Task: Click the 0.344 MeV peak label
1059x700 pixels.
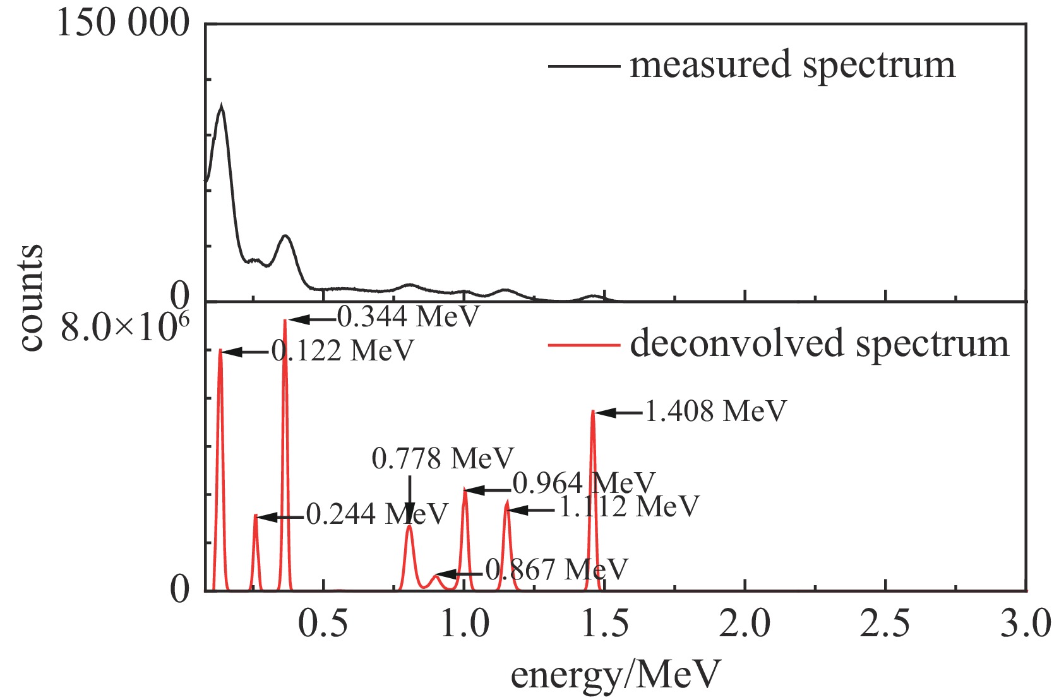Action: click(x=409, y=316)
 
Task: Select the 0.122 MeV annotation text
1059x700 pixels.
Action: click(x=343, y=351)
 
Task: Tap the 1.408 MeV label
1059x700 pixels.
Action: click(x=715, y=412)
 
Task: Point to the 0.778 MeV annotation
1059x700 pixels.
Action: click(x=443, y=459)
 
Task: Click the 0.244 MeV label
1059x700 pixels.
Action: click(x=377, y=514)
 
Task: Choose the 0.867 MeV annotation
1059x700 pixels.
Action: click(x=556, y=570)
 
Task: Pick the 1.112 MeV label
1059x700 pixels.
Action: click(x=630, y=506)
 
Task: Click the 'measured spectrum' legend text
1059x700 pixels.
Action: click(x=793, y=65)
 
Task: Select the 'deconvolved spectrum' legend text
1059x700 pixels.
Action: click(x=819, y=345)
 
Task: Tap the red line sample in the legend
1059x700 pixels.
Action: click(x=583, y=345)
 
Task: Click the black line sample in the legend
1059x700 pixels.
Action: click(x=583, y=66)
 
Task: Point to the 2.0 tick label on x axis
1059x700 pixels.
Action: click(x=745, y=624)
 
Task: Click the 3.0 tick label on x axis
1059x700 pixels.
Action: click(x=1026, y=624)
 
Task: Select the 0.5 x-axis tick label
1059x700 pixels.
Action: click(x=323, y=624)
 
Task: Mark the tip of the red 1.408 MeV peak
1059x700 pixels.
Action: click(x=592, y=411)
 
